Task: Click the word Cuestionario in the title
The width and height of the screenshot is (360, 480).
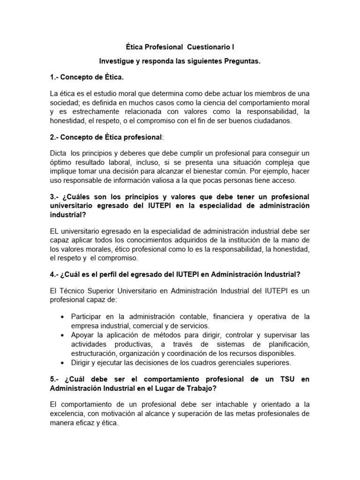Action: click(x=210, y=47)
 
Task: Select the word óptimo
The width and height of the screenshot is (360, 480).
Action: click(x=60, y=163)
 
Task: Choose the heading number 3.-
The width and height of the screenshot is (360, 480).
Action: click(x=56, y=196)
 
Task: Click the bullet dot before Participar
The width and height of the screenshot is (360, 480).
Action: click(x=62, y=317)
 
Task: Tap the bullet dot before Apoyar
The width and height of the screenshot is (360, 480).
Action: click(x=62, y=335)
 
